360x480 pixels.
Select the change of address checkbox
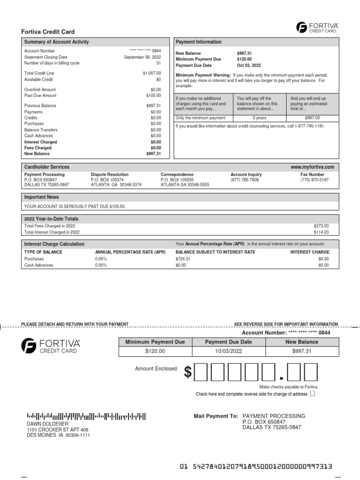(x=313, y=394)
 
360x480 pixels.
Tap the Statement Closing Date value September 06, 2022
(x=142, y=57)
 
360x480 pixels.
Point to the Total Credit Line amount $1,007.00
(x=151, y=73)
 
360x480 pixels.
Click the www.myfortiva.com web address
(x=312, y=167)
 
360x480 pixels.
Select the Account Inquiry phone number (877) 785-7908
(x=244, y=180)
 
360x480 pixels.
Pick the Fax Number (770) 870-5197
(x=314, y=180)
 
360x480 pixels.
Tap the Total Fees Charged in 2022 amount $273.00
(x=321, y=226)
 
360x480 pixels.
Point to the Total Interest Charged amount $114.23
(x=321, y=232)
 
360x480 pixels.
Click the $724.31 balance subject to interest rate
(x=183, y=259)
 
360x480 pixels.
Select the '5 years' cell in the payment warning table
(x=260, y=118)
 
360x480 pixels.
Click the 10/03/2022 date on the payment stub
(x=228, y=351)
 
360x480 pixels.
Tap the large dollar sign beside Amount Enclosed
(x=187, y=372)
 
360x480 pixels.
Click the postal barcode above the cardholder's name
(x=86, y=415)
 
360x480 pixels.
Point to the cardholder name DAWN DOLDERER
(x=47, y=424)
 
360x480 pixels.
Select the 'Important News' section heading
(x=42, y=197)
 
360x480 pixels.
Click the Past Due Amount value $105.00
(x=153, y=96)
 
